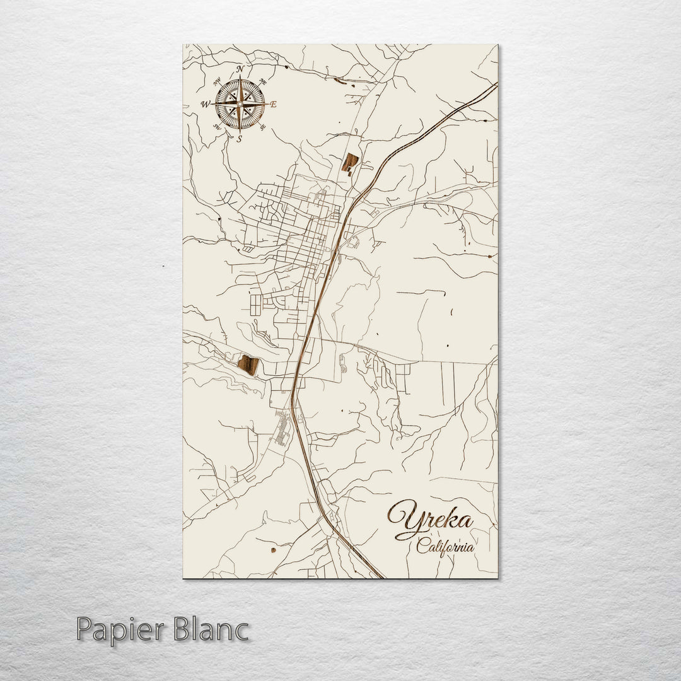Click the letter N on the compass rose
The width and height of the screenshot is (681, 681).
(x=240, y=69)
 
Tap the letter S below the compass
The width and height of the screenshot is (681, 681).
(x=240, y=139)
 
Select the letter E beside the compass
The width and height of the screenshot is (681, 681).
(x=273, y=105)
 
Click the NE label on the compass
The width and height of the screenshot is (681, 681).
(x=262, y=82)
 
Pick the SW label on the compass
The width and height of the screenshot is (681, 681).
(x=218, y=127)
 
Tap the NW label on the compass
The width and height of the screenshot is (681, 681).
(x=218, y=81)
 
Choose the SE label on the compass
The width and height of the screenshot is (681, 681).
(x=262, y=127)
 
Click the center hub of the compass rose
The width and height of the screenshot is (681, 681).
(x=240, y=103)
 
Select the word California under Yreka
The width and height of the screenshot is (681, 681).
(x=445, y=547)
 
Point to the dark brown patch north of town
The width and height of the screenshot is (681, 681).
(x=350, y=162)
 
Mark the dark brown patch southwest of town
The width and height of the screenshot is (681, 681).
(x=248, y=364)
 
